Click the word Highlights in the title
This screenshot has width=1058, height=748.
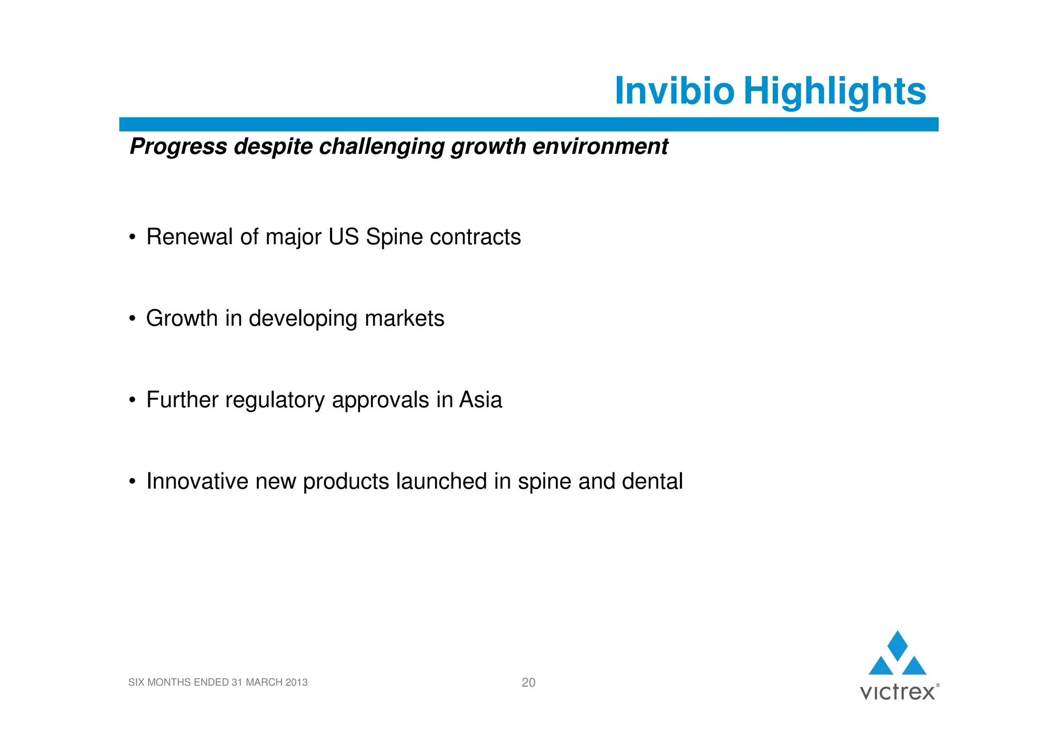[x=835, y=91]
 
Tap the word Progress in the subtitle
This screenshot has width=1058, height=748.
[x=178, y=147]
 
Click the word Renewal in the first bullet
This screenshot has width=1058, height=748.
[x=189, y=237]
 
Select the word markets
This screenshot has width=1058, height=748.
[x=404, y=318]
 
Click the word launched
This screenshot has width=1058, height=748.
[x=441, y=481]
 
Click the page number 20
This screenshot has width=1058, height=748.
[x=528, y=682]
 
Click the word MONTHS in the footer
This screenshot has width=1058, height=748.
[x=169, y=682]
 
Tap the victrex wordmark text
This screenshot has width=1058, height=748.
[x=897, y=692]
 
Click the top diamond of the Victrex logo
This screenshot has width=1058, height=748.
[x=897, y=645]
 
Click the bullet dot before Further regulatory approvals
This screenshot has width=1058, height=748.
[x=132, y=400]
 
